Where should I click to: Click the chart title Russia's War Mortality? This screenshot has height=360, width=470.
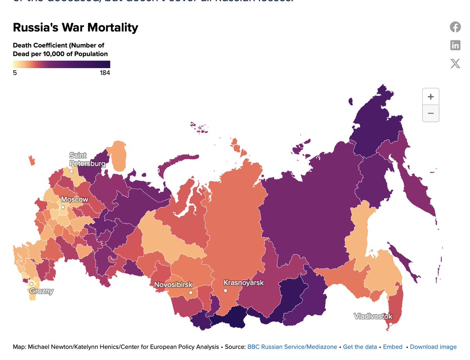[76, 28]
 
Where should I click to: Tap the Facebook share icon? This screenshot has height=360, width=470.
[455, 27]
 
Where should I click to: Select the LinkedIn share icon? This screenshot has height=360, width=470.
[455, 45]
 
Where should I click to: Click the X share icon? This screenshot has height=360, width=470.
[455, 63]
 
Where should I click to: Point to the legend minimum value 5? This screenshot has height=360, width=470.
[15, 73]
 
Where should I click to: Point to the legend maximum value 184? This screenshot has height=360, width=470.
[105, 73]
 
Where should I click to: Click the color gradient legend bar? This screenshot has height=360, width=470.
[61, 64]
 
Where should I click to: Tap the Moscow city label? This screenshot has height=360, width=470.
[74, 199]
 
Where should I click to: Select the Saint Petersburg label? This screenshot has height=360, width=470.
[87, 159]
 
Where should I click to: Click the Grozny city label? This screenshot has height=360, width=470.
[41, 291]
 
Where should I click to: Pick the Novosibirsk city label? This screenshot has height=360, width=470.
[174, 285]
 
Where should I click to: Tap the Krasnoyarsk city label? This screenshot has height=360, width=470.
[244, 282]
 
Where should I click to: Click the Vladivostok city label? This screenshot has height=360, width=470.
[373, 316]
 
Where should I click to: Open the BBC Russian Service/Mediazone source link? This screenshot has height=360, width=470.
[293, 347]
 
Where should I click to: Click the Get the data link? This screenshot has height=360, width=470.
[360, 347]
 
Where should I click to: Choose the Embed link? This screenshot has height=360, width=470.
[392, 347]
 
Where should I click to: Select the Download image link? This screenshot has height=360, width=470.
[433, 347]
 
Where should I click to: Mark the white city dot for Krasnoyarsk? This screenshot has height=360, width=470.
[226, 291]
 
